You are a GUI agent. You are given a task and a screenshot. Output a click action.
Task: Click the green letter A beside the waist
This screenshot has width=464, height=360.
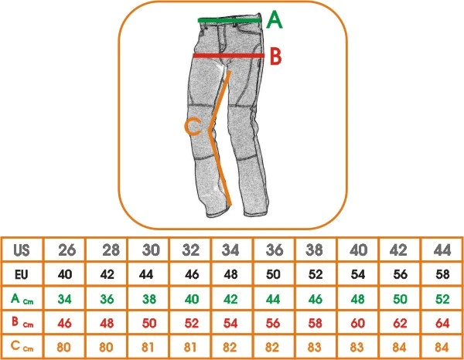(275, 20)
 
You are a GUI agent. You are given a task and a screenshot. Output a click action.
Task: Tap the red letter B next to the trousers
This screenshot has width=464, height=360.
(275, 56)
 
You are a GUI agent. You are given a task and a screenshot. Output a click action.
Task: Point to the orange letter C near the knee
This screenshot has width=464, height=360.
(193, 127)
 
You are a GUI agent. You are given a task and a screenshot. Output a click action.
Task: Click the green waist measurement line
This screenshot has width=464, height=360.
(230, 20)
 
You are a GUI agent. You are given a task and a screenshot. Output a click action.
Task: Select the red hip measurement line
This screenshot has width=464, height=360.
(229, 56)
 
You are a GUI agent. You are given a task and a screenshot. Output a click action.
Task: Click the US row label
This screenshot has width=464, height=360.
(22, 250)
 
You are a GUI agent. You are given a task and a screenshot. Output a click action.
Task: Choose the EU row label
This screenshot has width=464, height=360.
(22, 275)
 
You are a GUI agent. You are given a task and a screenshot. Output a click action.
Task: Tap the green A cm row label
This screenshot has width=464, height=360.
(22, 299)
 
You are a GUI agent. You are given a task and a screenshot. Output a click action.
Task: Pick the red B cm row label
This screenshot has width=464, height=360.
(22, 322)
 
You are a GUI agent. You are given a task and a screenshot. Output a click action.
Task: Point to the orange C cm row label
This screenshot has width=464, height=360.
(22, 346)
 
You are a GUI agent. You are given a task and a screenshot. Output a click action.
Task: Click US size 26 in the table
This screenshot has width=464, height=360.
(67, 250)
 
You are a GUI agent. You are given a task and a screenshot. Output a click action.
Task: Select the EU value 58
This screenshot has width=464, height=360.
(442, 274)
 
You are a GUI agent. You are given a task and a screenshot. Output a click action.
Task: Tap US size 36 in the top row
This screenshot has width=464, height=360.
(275, 250)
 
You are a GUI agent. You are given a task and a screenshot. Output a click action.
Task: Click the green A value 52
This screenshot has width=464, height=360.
(442, 299)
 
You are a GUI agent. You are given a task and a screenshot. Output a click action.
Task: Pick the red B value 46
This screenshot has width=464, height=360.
(64, 323)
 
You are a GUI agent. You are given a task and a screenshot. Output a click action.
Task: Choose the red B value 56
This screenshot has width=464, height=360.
(272, 323)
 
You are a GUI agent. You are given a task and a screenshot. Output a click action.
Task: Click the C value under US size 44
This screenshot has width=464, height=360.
(442, 347)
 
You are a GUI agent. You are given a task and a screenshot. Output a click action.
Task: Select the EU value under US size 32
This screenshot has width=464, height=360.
(192, 274)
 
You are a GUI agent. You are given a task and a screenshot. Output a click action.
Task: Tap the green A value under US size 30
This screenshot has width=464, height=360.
(149, 299)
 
